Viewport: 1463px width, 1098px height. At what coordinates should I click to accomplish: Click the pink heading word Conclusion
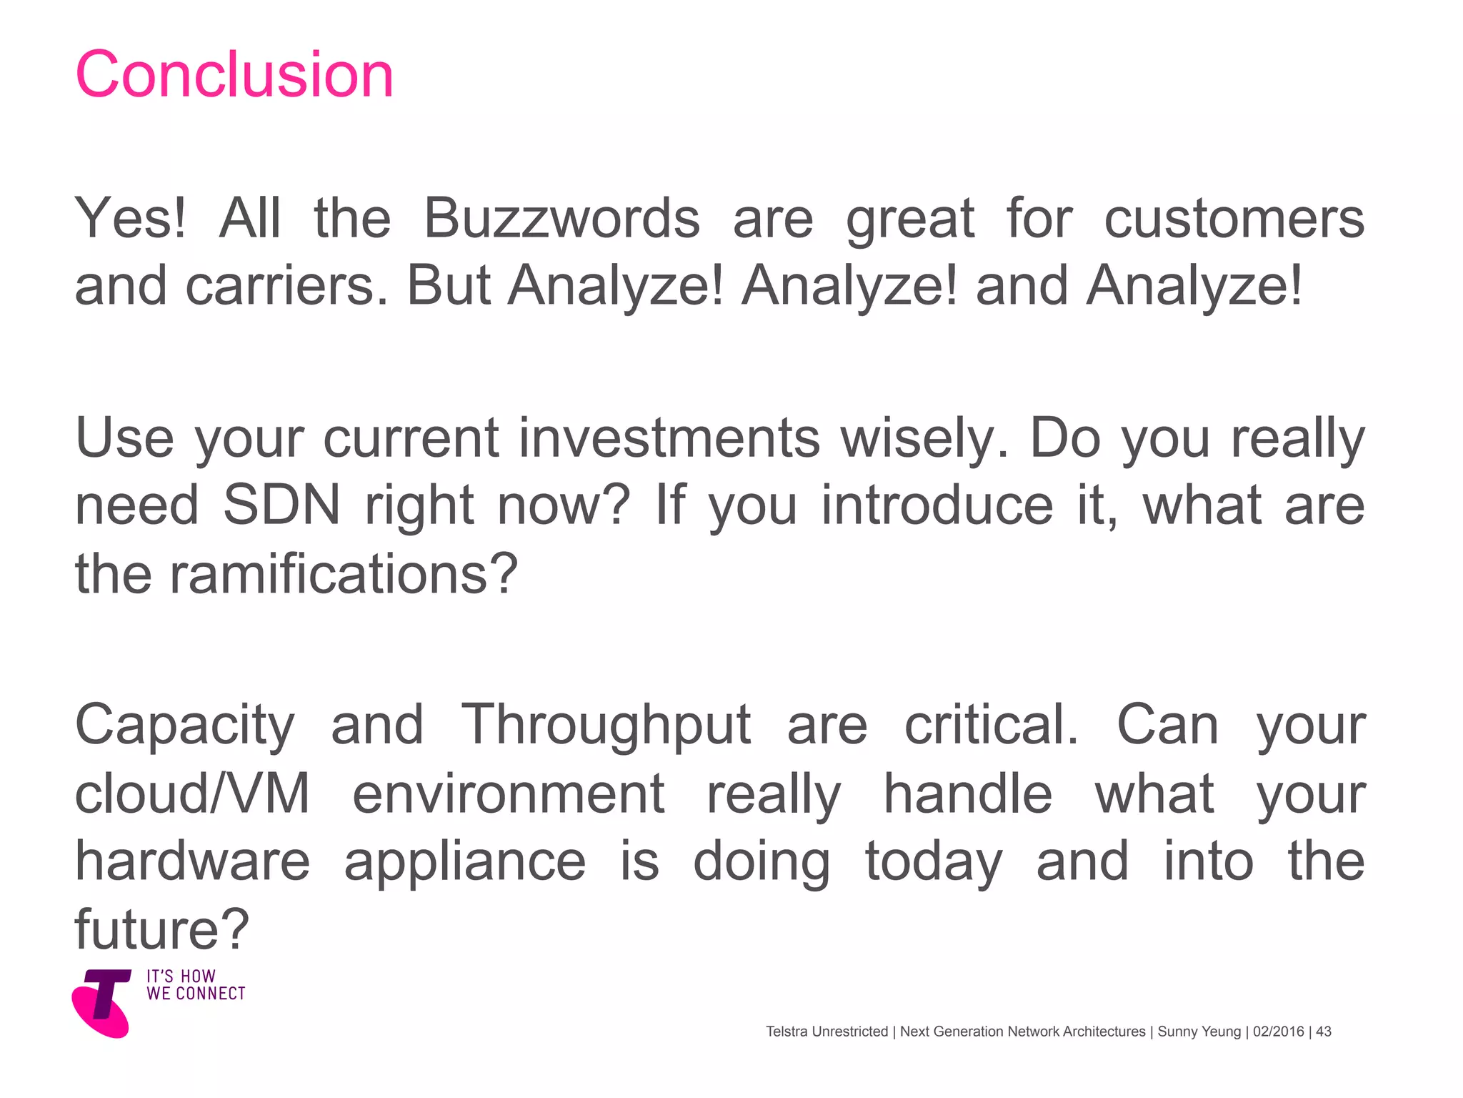coord(234,75)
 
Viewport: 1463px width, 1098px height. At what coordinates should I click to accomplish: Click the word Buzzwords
coord(561,218)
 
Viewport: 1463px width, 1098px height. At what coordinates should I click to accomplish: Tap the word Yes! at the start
coord(131,218)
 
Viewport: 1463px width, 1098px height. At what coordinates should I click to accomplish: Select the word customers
coord(1234,218)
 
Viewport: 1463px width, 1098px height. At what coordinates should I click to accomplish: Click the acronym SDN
coord(281,505)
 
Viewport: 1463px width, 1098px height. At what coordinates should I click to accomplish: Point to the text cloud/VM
coord(192,793)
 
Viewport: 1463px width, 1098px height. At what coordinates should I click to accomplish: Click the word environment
coord(509,793)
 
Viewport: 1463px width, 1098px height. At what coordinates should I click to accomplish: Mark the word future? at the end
coord(162,929)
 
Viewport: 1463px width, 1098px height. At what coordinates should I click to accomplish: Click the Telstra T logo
coord(102,1002)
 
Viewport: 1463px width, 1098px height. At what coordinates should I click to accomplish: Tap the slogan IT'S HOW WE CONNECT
coord(196,985)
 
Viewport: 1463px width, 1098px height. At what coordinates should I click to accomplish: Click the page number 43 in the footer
coord(1324,1032)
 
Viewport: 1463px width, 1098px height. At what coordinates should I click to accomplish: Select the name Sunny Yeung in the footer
coord(1199,1032)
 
